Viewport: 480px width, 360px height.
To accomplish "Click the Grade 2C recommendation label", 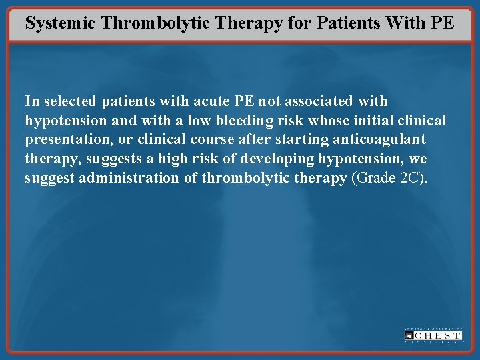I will pos(389,178).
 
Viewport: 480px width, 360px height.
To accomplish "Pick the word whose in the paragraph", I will pos(325,121).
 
